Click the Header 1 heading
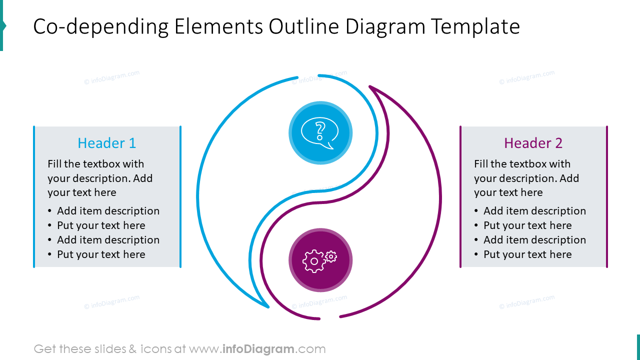pos(106,143)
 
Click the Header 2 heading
pos(533,143)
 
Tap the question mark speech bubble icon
pos(320,133)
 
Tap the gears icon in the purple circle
pos(320,260)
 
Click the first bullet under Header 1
pos(108,211)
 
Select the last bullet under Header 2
pos(527,254)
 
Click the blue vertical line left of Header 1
pos(34,196)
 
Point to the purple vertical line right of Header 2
pos(607,196)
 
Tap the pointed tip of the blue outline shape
pos(268,306)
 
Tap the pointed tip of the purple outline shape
pos(370,87)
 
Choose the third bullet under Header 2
pos(534,240)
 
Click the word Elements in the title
pos(218,26)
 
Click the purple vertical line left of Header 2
pos(460,196)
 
